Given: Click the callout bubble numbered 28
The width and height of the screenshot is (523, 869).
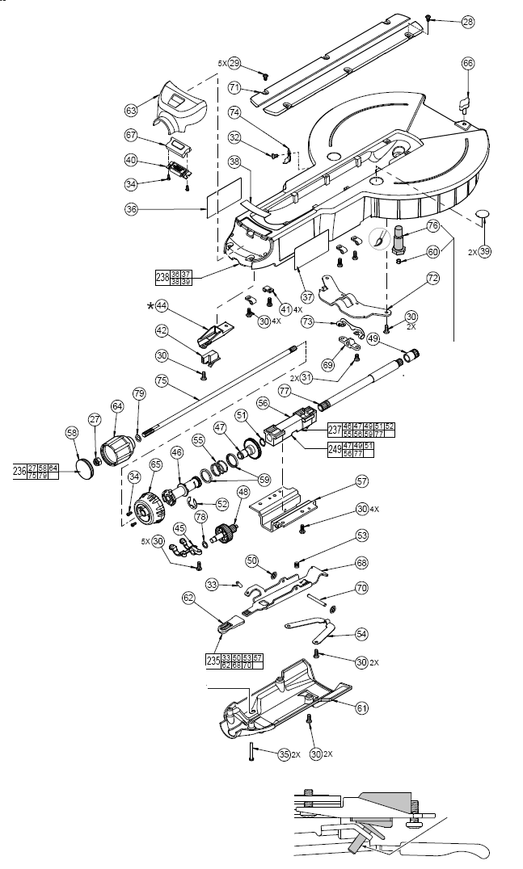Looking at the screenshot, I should coord(468,22).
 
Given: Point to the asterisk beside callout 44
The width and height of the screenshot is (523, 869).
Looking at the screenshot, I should coord(149,306).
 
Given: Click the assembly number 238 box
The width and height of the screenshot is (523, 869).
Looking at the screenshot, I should coord(162,277).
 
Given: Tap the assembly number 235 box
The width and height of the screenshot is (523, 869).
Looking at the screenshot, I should coord(214,662).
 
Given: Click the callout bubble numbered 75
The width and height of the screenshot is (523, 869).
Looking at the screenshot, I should coord(161,381).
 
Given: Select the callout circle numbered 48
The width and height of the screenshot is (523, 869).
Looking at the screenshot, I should coord(243,492).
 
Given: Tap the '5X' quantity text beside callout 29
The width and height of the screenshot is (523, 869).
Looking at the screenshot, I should coord(221,62).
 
